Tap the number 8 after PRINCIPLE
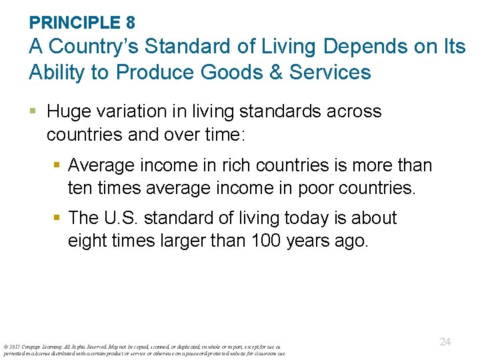pos(130,23)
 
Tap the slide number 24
pos(445,341)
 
